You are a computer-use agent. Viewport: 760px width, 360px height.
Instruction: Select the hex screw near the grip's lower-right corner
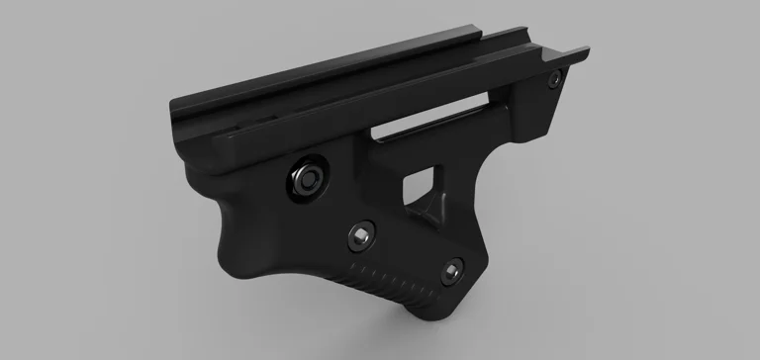pos(453,268)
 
